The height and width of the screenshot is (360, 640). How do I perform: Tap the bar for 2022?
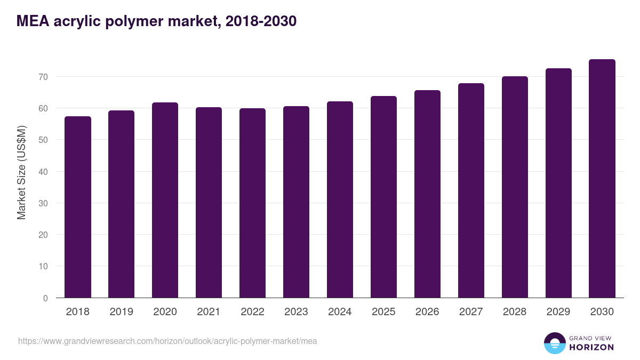tap(252, 203)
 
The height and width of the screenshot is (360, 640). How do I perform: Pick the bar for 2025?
tap(383, 197)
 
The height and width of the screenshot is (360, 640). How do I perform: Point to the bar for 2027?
tap(471, 190)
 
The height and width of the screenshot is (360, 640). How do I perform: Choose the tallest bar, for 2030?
tap(602, 179)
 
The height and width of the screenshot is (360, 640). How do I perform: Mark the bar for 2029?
tap(558, 183)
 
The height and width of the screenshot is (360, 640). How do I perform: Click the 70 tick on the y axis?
tap(43, 77)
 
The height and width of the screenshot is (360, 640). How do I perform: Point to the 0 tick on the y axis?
tap(45, 298)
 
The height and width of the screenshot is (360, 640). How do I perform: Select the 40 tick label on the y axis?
tap(43, 172)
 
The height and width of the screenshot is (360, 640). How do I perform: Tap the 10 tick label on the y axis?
tap(43, 267)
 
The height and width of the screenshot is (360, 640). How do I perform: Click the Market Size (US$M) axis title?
tap(21, 172)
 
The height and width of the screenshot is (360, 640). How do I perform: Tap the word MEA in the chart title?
tap(34, 21)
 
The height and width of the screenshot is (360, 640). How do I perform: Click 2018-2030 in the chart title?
tap(261, 21)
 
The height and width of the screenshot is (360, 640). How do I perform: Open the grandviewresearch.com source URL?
tap(167, 341)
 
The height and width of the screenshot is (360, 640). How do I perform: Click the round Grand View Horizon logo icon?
tap(554, 343)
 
